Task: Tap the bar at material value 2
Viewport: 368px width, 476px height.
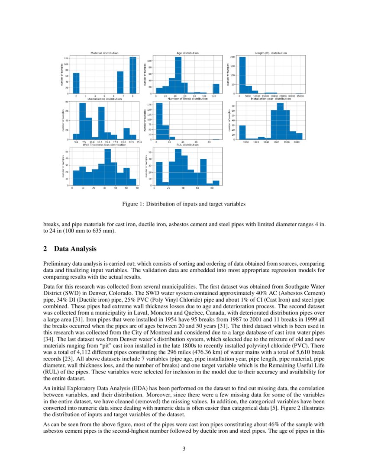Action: tap(76, 83)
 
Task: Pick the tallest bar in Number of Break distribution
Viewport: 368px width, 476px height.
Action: tap(159, 121)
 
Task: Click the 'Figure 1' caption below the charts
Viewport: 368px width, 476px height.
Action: tap(184, 204)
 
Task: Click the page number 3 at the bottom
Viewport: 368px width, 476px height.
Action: tap(184, 448)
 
